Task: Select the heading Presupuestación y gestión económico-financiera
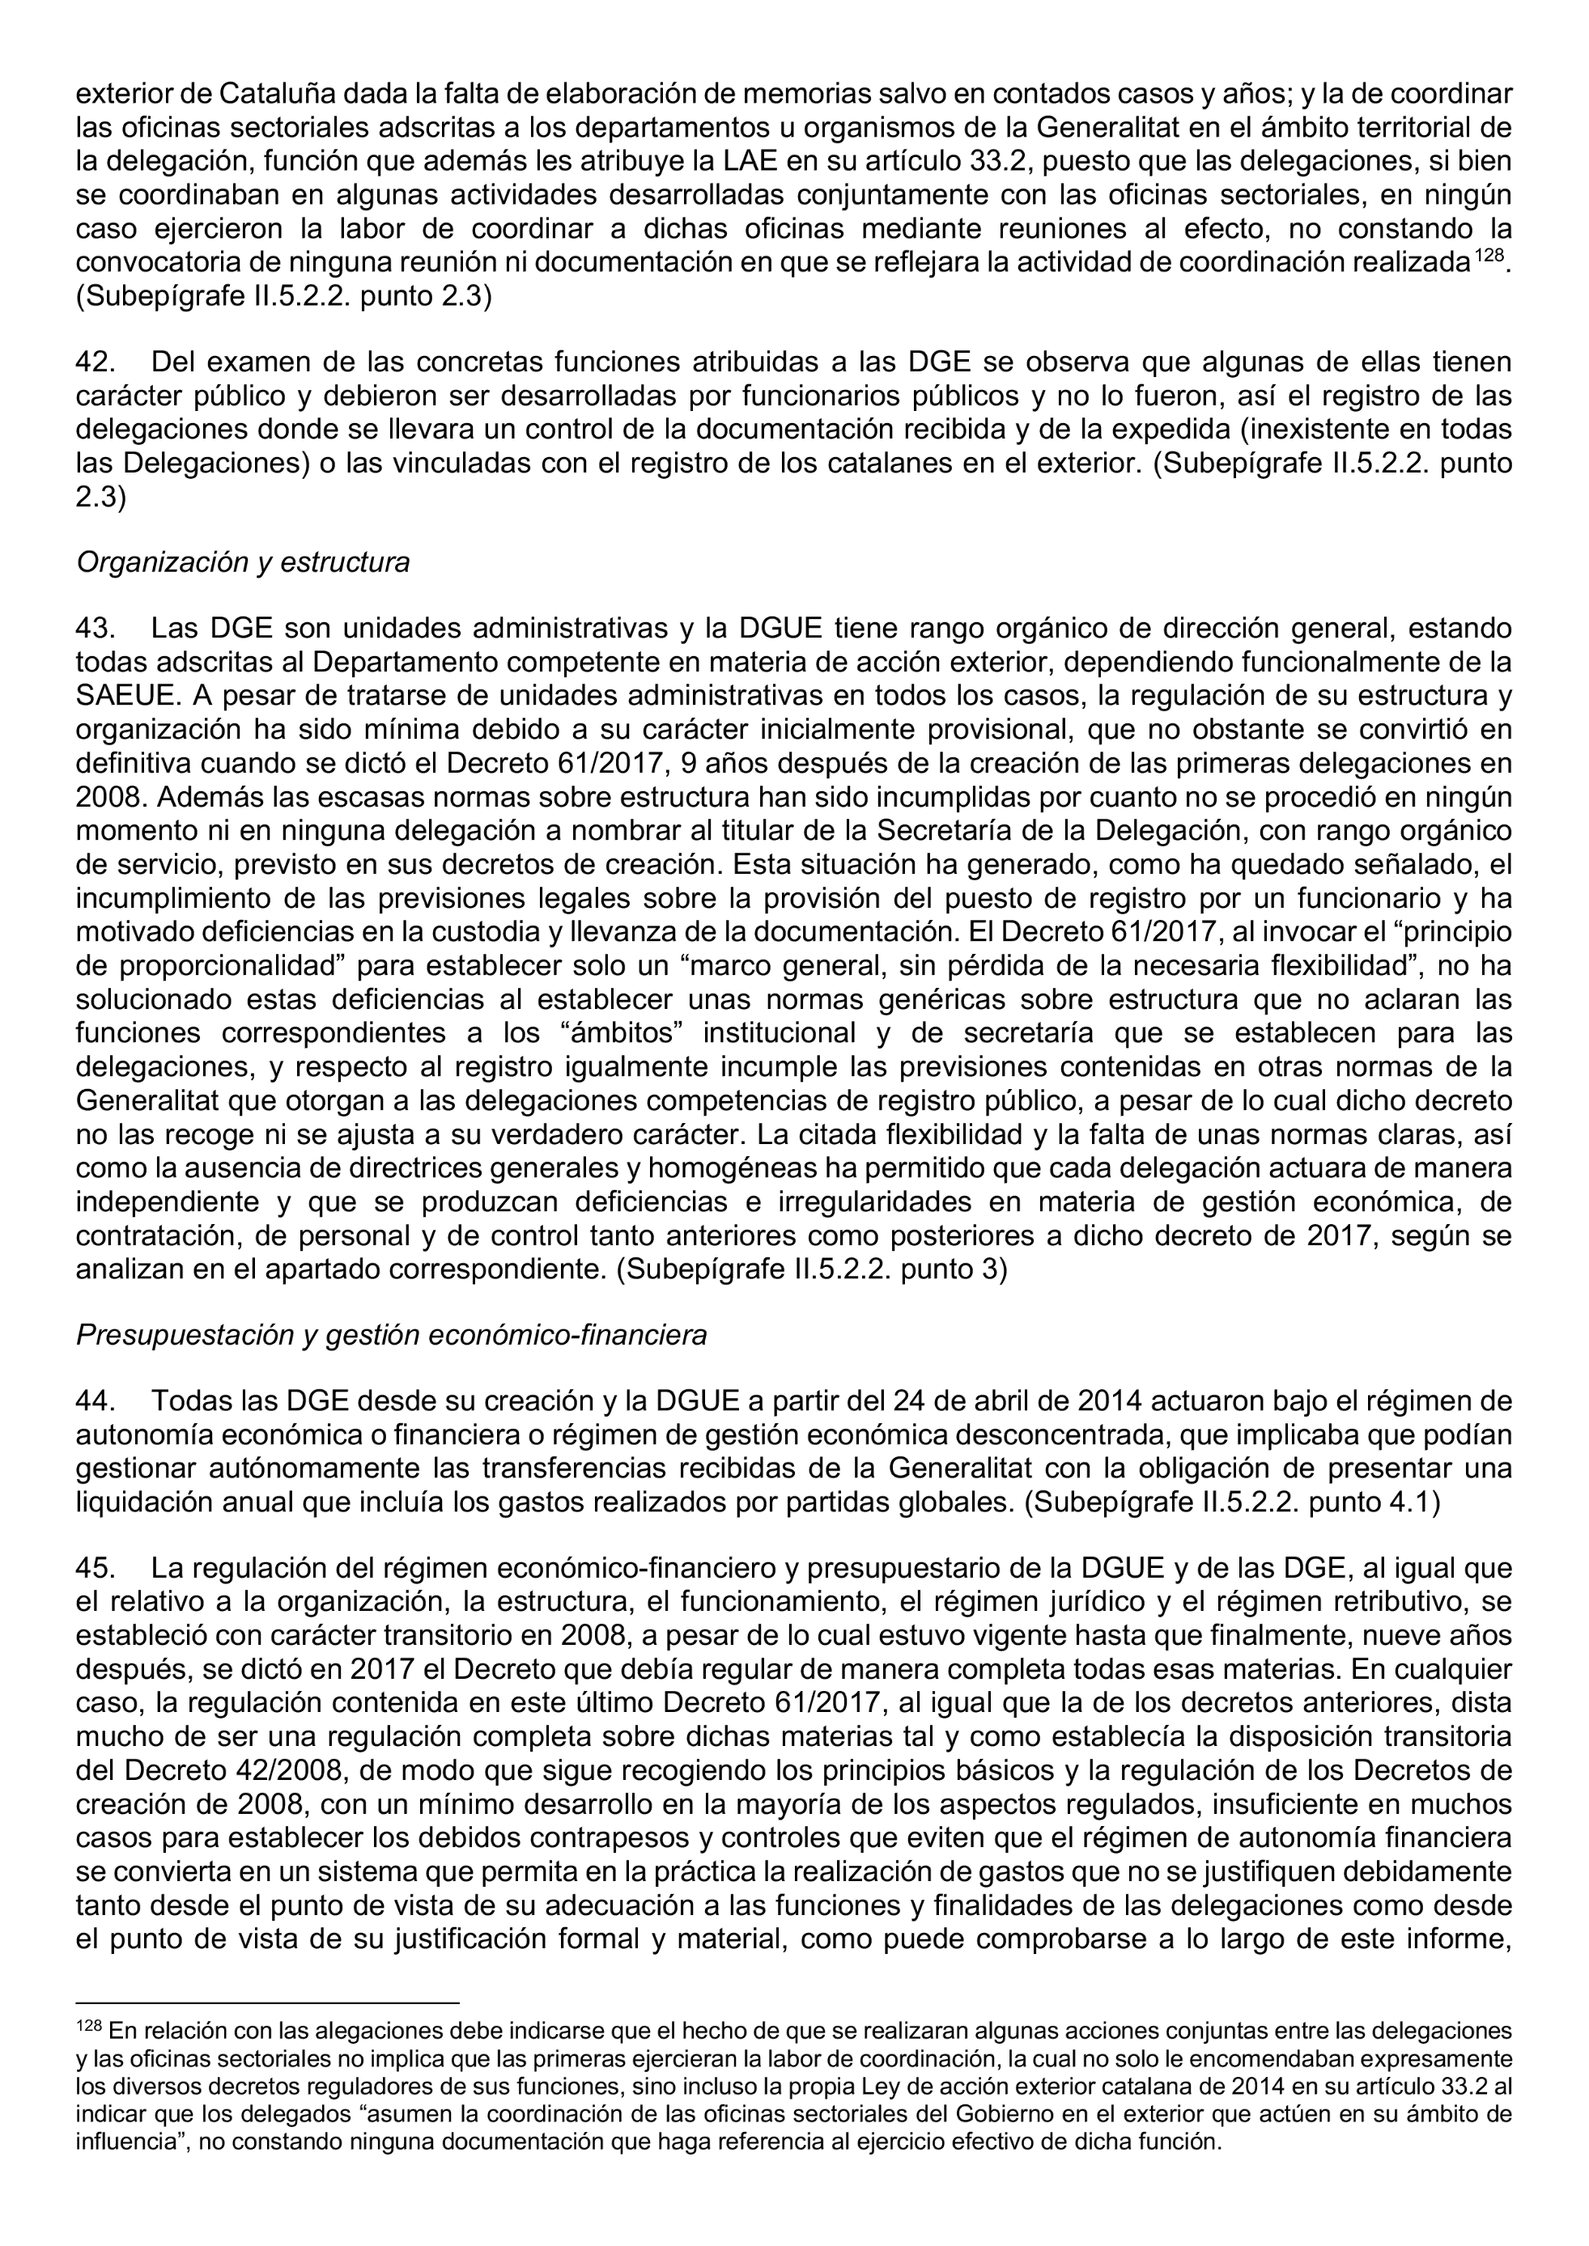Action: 391,1335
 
